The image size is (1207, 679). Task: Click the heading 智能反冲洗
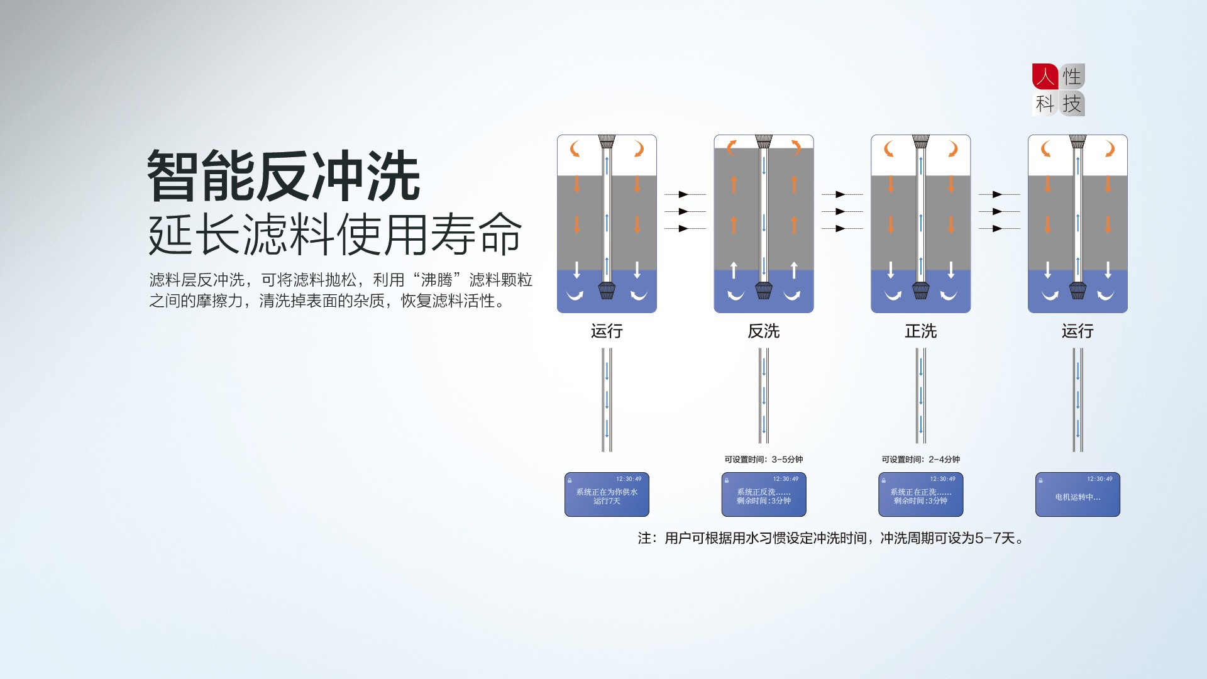click(283, 176)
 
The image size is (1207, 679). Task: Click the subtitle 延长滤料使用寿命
click(334, 235)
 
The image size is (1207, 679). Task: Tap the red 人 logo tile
click(1045, 77)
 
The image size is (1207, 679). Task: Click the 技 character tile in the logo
click(1072, 104)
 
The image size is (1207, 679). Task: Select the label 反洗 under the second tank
click(763, 331)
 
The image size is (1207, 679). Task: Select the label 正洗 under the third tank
click(920, 331)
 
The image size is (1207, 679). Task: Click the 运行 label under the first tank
click(607, 331)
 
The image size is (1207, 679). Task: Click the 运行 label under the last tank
click(1077, 331)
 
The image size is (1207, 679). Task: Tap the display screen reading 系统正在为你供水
click(607, 495)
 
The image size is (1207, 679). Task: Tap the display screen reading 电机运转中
click(1077, 495)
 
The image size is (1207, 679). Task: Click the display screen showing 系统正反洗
click(763, 495)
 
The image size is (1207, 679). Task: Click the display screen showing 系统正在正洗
click(920, 495)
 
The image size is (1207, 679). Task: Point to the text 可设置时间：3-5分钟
click(763, 460)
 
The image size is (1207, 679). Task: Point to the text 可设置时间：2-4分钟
click(920, 460)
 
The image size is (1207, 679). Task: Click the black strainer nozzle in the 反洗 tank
click(763, 290)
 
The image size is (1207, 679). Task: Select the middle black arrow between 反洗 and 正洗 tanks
click(841, 212)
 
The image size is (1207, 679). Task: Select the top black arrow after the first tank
click(684, 195)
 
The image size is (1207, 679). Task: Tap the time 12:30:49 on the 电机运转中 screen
click(1100, 479)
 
